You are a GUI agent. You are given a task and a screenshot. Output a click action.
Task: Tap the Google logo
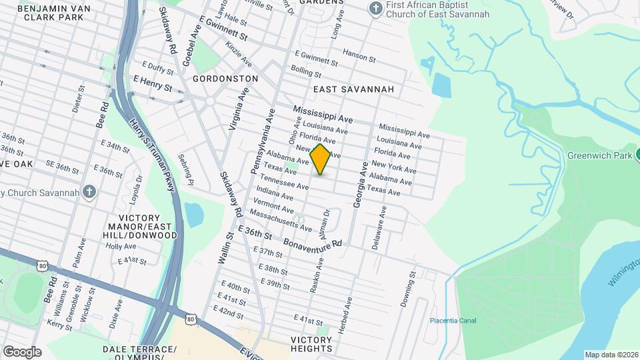[x=21, y=351]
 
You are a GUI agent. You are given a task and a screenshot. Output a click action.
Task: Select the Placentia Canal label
[x=453, y=321]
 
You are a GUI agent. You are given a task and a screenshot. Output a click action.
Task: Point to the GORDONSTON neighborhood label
[x=225, y=79]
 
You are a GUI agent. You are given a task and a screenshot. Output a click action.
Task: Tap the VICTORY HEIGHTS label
[x=311, y=344]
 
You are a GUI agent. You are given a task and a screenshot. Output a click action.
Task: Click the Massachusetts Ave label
[x=280, y=221]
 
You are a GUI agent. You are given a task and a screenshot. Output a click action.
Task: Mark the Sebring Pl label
[x=186, y=170]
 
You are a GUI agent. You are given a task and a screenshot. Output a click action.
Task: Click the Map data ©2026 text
[x=611, y=355]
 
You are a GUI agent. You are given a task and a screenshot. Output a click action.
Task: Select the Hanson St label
[x=359, y=56]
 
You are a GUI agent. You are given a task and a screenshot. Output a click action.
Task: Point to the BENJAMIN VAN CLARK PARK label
[x=45, y=12]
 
